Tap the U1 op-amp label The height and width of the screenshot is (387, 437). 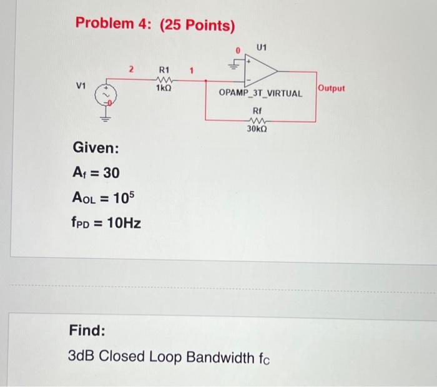(x=262, y=47)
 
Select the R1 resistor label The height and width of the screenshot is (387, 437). (x=165, y=71)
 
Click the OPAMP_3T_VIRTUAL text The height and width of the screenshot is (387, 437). (x=260, y=94)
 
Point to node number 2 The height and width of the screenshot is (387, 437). (x=132, y=71)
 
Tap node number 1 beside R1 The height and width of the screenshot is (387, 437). (x=193, y=71)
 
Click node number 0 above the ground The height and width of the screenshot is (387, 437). (x=237, y=49)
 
